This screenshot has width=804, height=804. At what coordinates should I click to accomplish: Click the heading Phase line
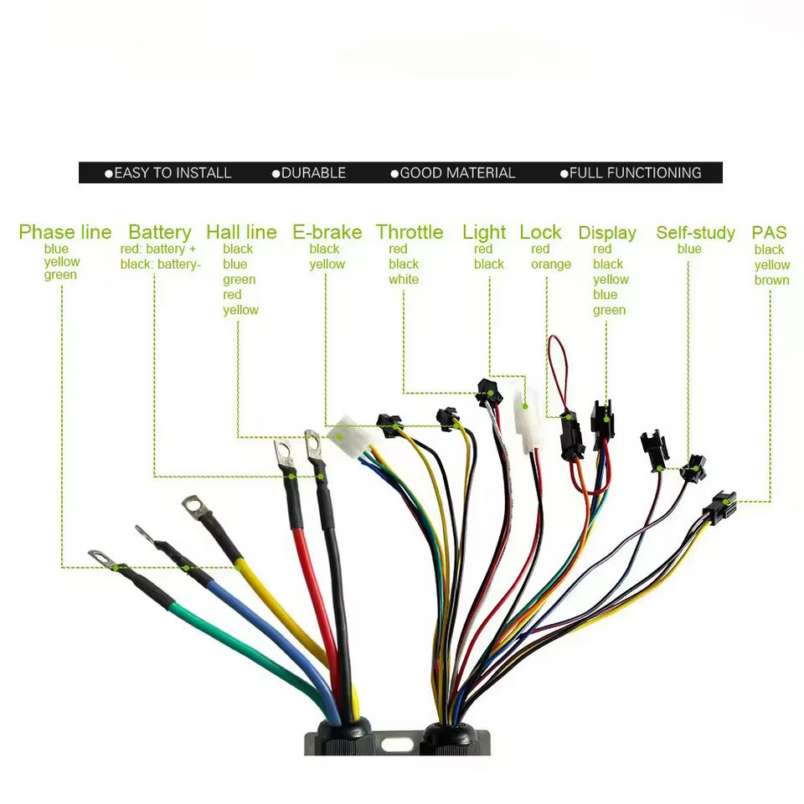[64, 232]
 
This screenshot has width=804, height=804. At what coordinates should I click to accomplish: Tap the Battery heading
[159, 232]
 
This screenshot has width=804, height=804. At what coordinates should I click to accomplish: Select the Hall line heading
[241, 232]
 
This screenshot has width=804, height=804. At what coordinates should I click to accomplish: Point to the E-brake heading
[327, 232]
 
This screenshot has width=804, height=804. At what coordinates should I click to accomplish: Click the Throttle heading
[410, 232]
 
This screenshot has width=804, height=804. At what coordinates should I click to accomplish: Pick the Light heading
[484, 232]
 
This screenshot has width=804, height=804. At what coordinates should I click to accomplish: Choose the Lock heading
[540, 232]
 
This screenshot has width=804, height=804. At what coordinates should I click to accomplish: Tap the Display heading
[607, 232]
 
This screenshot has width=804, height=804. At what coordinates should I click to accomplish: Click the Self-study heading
[695, 232]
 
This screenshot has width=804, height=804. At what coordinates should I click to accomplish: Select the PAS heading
[769, 232]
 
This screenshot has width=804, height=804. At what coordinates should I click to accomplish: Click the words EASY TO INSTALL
[172, 173]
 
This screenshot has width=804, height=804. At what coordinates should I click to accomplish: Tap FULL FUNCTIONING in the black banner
[635, 173]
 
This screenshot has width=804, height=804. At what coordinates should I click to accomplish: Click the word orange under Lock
[550, 265]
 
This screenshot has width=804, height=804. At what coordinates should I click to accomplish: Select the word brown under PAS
[771, 280]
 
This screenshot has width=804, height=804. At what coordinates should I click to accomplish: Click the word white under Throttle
[403, 279]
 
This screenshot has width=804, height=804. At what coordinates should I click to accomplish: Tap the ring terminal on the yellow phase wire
[195, 505]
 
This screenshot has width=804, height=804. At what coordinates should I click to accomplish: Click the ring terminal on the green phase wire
[100, 556]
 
